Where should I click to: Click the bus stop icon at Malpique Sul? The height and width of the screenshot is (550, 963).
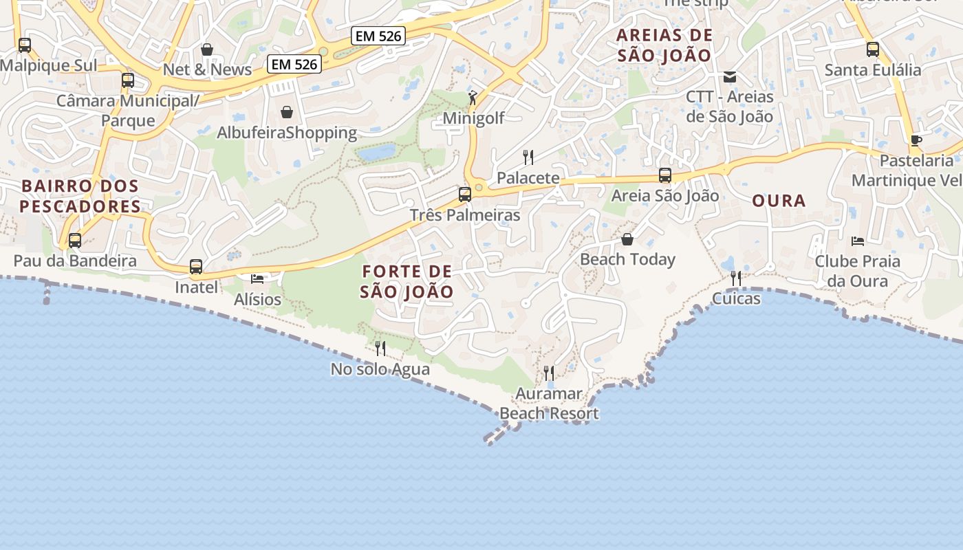[x=25, y=45]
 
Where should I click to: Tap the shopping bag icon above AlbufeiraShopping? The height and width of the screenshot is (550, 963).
[x=287, y=111]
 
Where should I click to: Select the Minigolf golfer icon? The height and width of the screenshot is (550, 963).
[x=473, y=98]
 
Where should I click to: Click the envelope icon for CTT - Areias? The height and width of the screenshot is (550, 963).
[x=729, y=77]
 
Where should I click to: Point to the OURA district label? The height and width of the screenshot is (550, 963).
[x=779, y=201]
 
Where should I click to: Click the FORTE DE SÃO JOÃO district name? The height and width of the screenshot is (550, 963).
[x=407, y=282]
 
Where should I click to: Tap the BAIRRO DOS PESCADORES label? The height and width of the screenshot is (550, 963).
[x=80, y=196]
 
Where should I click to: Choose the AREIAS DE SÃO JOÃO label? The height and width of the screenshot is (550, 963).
[x=664, y=45]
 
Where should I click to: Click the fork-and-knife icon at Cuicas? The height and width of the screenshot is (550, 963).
[x=736, y=278]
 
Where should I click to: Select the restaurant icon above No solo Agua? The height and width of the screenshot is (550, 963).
[x=380, y=349]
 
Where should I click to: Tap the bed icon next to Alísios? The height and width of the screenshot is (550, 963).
[x=257, y=278]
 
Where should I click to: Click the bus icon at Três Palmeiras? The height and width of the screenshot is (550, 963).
[x=465, y=194]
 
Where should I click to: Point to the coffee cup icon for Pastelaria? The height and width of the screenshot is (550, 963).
[x=916, y=140]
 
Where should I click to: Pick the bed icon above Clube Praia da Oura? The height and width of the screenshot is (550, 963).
[x=857, y=241]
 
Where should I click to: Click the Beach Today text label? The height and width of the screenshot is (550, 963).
[x=627, y=259]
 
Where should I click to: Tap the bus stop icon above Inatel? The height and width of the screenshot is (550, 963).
[x=196, y=266]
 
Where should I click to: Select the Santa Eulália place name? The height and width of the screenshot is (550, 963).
[x=872, y=70]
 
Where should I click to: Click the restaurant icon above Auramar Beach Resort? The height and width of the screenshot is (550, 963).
[x=549, y=373]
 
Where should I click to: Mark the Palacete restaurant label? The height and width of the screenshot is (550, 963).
[x=528, y=178]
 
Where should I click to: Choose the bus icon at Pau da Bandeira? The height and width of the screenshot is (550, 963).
[x=75, y=241]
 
